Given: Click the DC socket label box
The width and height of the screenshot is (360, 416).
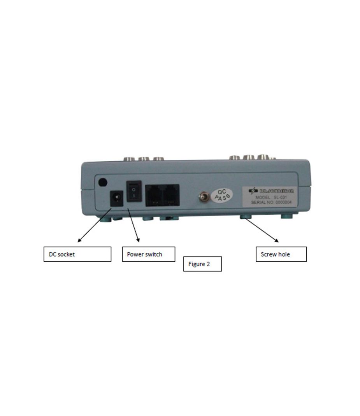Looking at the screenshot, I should click(x=77, y=254).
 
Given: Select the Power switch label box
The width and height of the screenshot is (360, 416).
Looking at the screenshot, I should click(x=148, y=254).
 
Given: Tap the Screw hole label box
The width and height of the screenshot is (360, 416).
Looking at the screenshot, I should click(x=281, y=254).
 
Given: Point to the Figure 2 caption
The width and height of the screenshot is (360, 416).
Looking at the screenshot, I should click(x=202, y=264).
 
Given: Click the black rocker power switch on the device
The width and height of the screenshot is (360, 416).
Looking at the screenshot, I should click(x=133, y=191).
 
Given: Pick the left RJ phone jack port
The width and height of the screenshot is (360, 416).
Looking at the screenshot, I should click(x=155, y=195).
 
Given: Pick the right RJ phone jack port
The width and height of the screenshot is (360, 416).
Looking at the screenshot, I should click(x=171, y=195).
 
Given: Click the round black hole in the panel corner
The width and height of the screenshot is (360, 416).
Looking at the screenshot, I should click(x=102, y=182).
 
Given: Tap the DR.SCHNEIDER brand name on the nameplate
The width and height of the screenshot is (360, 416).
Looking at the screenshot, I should click(x=274, y=191).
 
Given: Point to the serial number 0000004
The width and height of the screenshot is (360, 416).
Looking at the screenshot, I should click(x=281, y=203).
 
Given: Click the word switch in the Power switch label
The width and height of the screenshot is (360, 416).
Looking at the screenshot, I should click(x=153, y=255).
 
